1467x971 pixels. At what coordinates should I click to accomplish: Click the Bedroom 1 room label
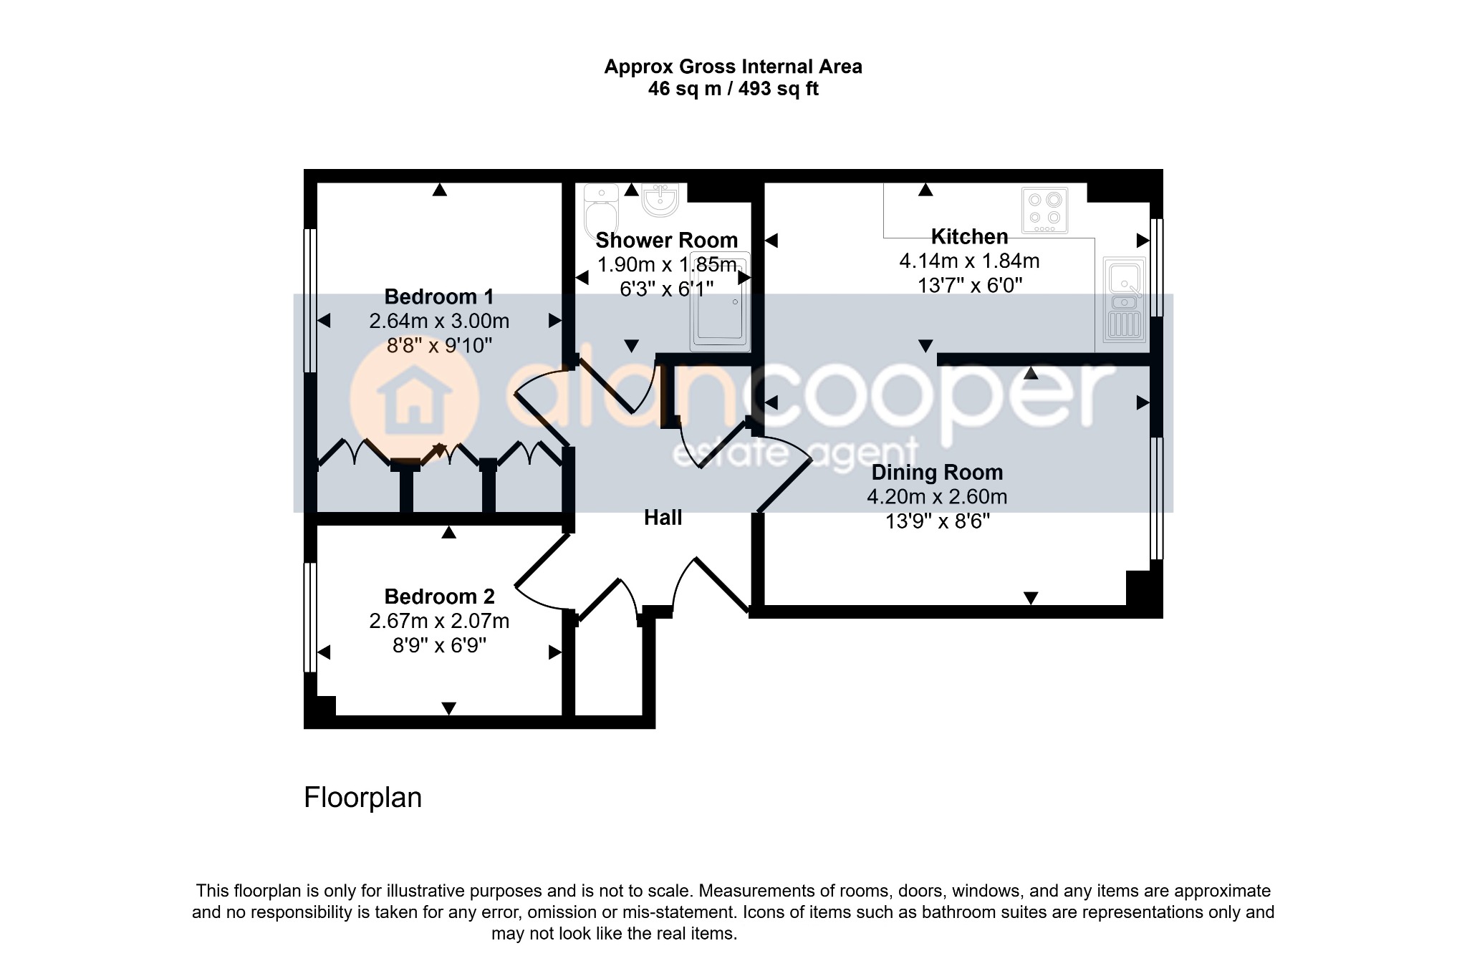[439, 296]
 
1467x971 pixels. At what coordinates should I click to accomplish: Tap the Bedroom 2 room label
[439, 596]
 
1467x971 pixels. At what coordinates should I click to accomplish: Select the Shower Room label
[666, 240]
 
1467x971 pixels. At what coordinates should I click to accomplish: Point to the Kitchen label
[969, 236]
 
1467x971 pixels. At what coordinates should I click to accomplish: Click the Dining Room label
[937, 473]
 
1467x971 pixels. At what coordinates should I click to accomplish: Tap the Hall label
[663, 518]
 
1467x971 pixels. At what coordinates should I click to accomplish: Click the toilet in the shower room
[601, 210]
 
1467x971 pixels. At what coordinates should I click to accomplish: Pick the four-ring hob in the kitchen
[1044, 211]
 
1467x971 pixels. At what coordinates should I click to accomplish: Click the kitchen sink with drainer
[1125, 299]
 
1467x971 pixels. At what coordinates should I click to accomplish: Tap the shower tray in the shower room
[720, 301]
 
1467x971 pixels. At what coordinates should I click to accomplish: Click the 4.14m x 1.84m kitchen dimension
[969, 261]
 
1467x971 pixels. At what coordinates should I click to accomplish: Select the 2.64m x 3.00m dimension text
[439, 321]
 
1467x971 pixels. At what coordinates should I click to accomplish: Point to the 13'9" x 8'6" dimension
[937, 521]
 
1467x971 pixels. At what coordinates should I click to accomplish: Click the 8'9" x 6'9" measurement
[439, 646]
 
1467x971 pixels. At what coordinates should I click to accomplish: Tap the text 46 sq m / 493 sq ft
[733, 89]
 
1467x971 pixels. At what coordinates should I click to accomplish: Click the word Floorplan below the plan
[362, 798]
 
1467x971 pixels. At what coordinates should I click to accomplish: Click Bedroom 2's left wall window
[310, 617]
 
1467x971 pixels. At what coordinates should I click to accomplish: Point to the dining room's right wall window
[1156, 498]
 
